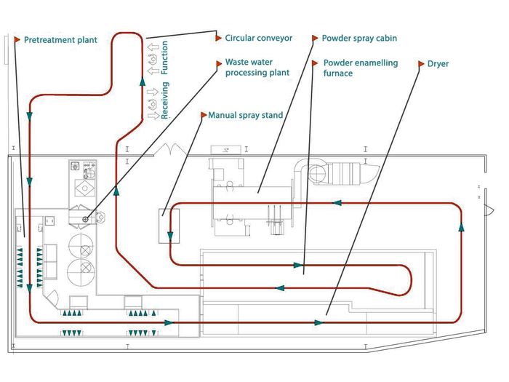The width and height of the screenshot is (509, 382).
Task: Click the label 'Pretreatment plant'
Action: tap(60, 40)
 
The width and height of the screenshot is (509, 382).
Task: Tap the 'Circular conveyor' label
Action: tap(259, 38)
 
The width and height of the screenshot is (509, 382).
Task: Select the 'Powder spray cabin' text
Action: tap(359, 38)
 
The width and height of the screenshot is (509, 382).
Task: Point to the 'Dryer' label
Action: tap(438, 64)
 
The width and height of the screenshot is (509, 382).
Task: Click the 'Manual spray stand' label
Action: tap(246, 115)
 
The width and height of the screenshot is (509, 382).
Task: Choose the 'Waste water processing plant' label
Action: tap(257, 67)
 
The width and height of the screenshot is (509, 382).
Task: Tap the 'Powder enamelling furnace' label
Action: tap(361, 68)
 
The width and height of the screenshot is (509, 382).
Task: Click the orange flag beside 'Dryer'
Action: tap(421, 64)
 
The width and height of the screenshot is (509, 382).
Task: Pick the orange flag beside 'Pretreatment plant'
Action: tap(17, 40)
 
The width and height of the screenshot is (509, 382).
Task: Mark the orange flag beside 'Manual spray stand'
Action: tap(204, 115)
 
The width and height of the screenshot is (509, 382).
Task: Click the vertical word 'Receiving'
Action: tap(165, 100)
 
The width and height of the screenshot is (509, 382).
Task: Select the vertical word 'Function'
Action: tap(164, 57)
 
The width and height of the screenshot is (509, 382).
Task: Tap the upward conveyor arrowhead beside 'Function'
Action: tap(143, 81)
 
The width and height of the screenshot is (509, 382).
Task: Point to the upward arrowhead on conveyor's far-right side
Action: tap(461, 227)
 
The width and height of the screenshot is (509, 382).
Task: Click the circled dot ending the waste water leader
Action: tap(85, 220)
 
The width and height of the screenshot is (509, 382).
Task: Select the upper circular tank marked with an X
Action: tap(81, 245)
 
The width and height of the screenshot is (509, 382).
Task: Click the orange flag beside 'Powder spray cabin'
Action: tap(315, 39)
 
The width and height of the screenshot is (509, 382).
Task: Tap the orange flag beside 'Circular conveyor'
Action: tap(218, 38)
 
